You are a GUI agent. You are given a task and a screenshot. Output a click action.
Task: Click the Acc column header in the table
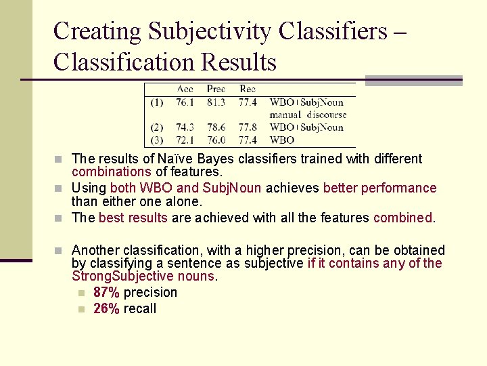(185, 89)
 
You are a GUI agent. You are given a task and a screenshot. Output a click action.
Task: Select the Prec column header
(216, 89)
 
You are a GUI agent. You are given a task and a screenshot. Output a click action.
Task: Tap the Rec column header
(248, 89)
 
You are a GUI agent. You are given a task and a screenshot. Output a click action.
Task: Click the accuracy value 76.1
(185, 102)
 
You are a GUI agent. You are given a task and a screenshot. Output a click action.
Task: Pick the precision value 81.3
(216, 102)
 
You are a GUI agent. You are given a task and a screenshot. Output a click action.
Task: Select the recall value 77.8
(248, 127)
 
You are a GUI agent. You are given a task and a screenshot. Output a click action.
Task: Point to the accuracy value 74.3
(185, 127)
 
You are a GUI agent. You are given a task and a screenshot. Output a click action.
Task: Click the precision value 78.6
(216, 127)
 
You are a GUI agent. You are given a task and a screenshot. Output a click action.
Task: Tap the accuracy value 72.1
(185, 140)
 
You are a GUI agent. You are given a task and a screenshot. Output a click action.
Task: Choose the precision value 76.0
(216, 140)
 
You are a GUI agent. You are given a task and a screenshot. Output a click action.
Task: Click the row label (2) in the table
(156, 127)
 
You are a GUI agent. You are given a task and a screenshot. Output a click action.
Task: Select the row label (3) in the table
(156, 140)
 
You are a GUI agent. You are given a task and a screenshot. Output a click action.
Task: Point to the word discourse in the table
(326, 115)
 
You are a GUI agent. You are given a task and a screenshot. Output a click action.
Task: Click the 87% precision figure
(106, 293)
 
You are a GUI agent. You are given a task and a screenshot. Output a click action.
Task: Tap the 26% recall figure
(106, 309)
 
